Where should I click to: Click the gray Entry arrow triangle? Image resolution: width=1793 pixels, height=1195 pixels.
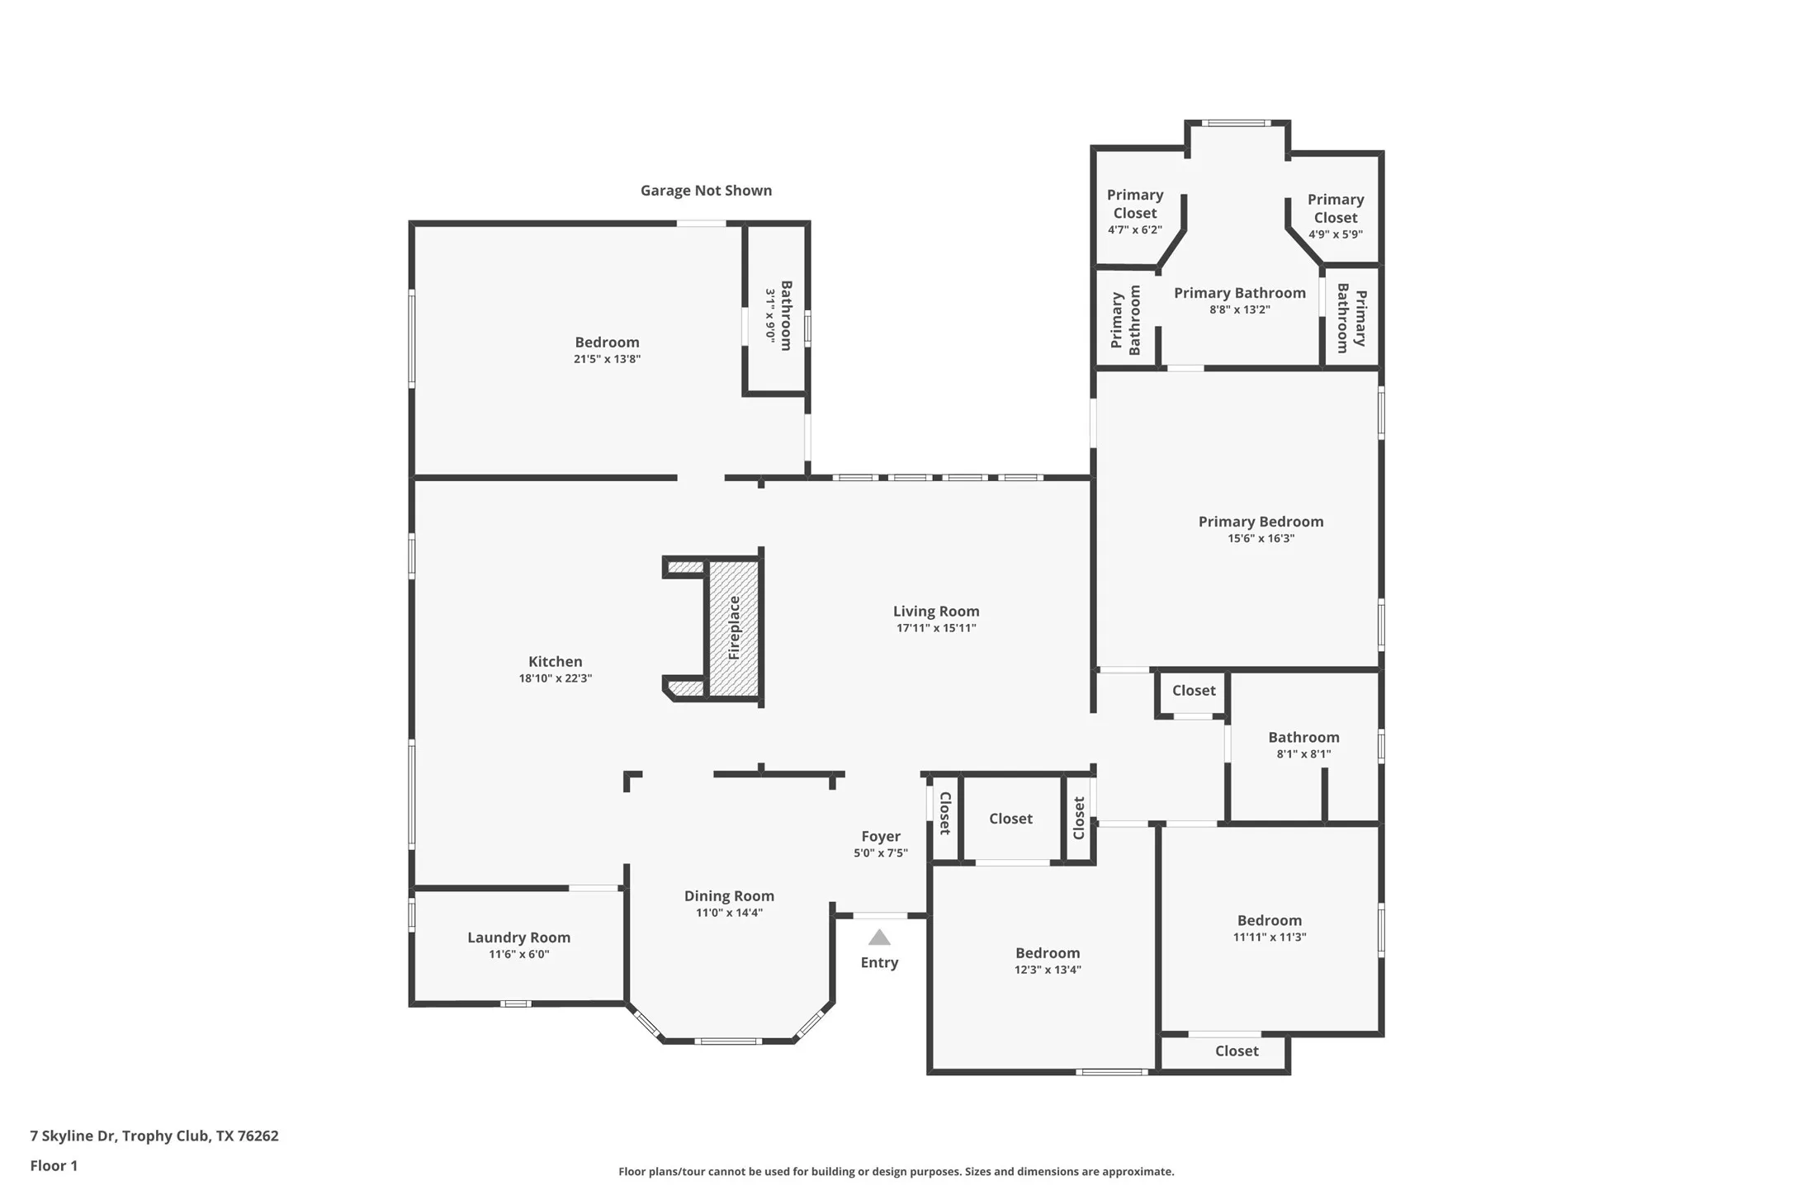[879, 938]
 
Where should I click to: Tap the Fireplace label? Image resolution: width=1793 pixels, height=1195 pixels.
[734, 627]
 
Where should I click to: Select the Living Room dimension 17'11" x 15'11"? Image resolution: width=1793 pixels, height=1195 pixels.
[936, 628]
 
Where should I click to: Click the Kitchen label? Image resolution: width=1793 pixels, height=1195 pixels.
[555, 661]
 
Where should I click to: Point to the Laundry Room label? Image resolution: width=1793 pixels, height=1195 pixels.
[518, 937]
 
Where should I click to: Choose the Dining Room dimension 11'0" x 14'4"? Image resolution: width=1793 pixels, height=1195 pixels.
[729, 913]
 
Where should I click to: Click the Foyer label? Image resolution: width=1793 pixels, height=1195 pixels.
[880, 836]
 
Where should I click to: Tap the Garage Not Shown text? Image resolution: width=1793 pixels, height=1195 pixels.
[706, 191]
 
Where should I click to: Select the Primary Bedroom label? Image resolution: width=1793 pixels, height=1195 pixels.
[1261, 522]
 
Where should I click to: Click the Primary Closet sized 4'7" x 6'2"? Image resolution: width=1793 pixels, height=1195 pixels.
[1135, 211]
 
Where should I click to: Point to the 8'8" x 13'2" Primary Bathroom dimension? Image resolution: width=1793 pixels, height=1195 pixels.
[1239, 309]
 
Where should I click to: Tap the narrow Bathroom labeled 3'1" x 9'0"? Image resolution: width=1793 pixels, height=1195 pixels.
[780, 315]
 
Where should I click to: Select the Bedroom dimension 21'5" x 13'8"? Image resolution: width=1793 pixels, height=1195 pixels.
[607, 359]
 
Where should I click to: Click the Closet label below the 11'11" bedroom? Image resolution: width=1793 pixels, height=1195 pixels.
[1236, 1051]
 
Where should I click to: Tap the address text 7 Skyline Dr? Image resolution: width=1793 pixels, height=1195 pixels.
[154, 1136]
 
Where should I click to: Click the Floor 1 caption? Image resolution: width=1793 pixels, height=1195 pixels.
[54, 1165]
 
